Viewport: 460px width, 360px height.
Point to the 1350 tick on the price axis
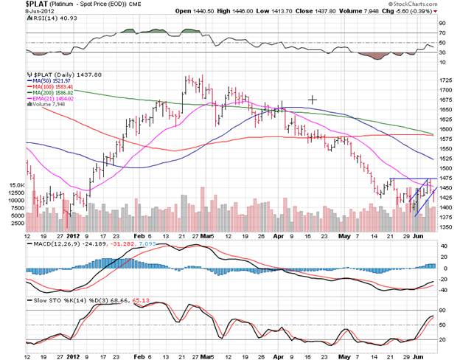point(446,228)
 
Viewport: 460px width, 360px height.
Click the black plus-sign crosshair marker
point(313,99)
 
